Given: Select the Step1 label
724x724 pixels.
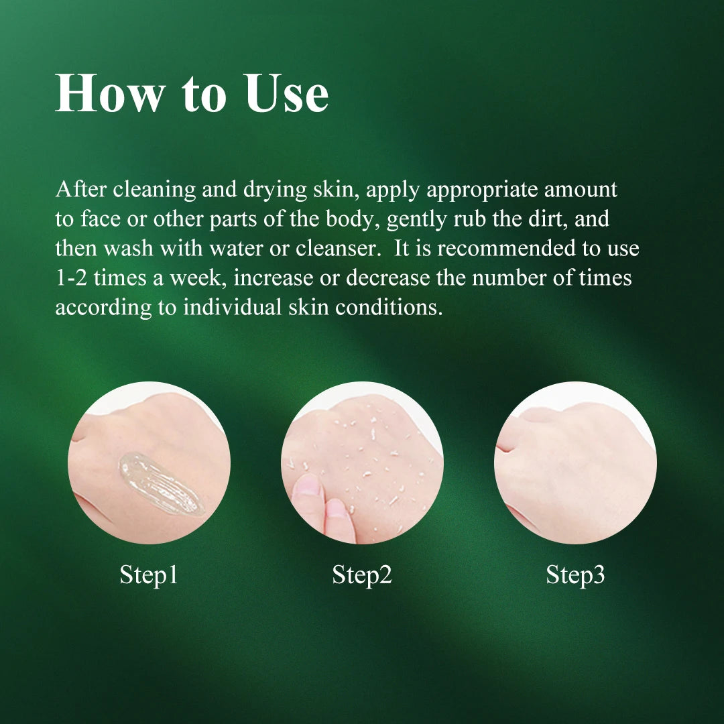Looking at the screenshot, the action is (x=149, y=575).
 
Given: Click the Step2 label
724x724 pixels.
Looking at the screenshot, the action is (x=362, y=575).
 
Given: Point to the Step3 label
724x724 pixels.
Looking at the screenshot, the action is (x=575, y=575).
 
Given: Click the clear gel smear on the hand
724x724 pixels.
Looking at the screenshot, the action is (x=161, y=483).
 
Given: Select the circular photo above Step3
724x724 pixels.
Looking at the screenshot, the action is (x=575, y=463).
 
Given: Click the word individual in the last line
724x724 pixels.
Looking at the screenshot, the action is (x=232, y=308).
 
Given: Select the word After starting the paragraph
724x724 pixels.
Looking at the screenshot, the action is (x=81, y=189).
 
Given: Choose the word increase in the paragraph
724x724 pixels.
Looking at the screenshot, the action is (x=274, y=278).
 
